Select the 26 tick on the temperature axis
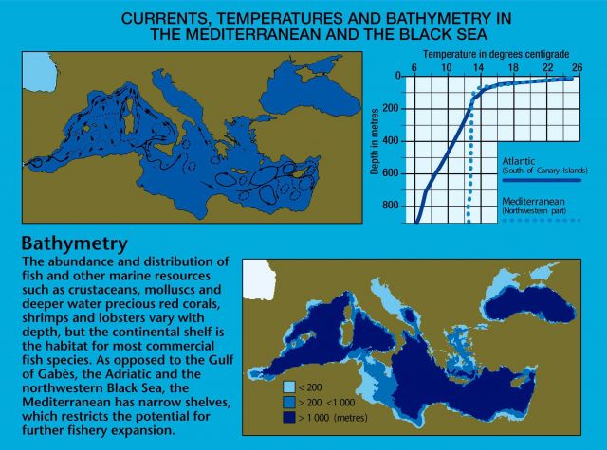[576, 69]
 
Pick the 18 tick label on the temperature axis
[510, 69]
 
